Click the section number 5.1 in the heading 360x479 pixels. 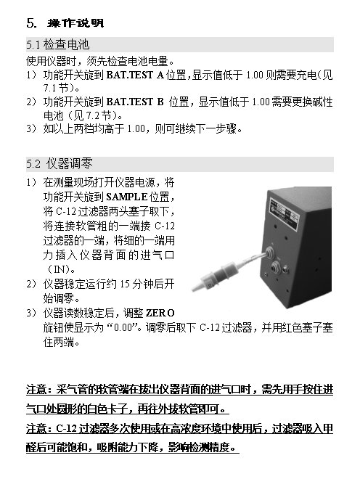33,45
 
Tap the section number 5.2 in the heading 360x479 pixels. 33,164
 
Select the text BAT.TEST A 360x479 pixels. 135,75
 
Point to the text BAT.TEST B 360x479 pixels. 135,102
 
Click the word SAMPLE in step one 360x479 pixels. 127,197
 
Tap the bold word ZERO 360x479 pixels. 160,313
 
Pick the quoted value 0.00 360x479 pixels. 123,328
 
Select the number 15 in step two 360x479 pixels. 125,284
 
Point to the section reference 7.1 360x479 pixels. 49,89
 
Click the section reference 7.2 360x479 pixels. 93,116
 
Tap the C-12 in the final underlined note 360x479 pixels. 66,429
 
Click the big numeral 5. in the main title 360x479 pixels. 31,23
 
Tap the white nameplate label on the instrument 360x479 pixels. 285,213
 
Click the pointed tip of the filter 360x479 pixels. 194,289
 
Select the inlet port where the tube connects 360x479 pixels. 269,252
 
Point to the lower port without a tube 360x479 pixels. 276,266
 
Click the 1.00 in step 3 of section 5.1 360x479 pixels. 136,129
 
